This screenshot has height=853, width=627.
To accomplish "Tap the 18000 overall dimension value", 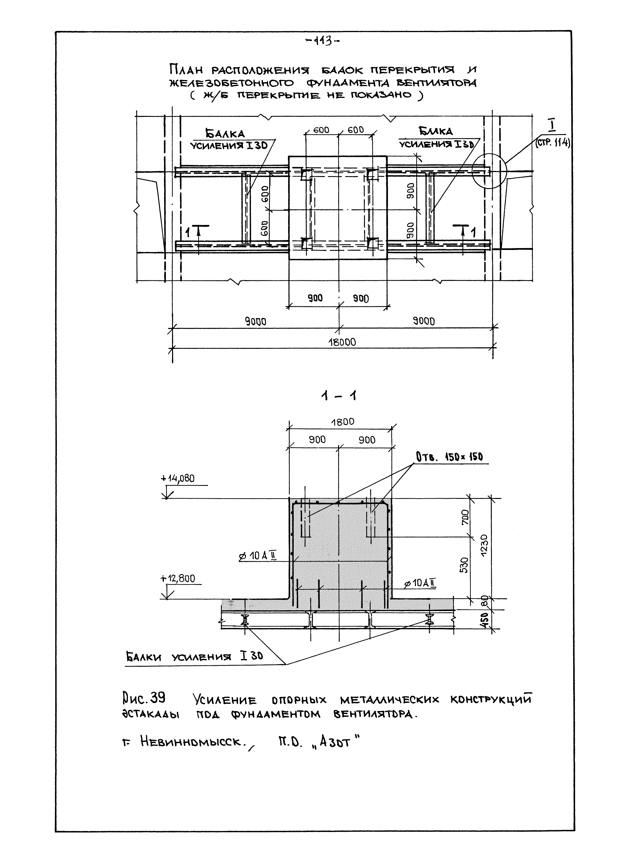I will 342,342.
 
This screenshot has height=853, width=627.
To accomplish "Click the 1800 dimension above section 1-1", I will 342,422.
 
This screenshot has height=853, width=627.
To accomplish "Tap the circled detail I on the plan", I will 490,171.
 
